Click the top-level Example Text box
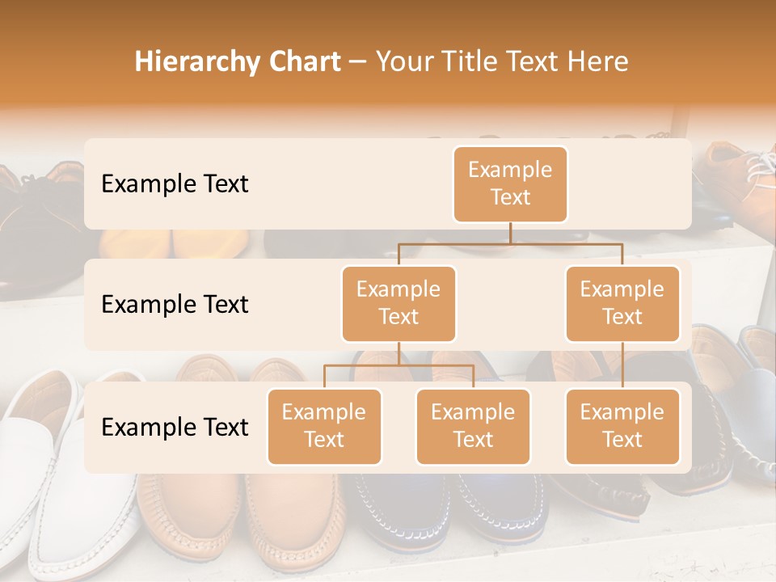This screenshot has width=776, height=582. pos(510,183)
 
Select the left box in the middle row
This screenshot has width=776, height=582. pos(399,303)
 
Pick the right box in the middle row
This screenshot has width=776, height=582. pos(622,303)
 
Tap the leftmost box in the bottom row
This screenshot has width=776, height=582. pos(324,426)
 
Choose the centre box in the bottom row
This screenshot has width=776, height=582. pos(473,426)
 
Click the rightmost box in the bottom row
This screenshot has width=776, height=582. pos(622,426)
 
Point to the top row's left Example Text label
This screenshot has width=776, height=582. pos(175,183)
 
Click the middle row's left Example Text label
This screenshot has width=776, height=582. pos(175,304)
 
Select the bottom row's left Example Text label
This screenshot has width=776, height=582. pos(175,427)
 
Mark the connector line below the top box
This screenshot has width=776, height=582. pos(510,233)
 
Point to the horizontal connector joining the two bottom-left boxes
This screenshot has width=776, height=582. pos(399,365)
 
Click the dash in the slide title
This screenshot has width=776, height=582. pos(358,62)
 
